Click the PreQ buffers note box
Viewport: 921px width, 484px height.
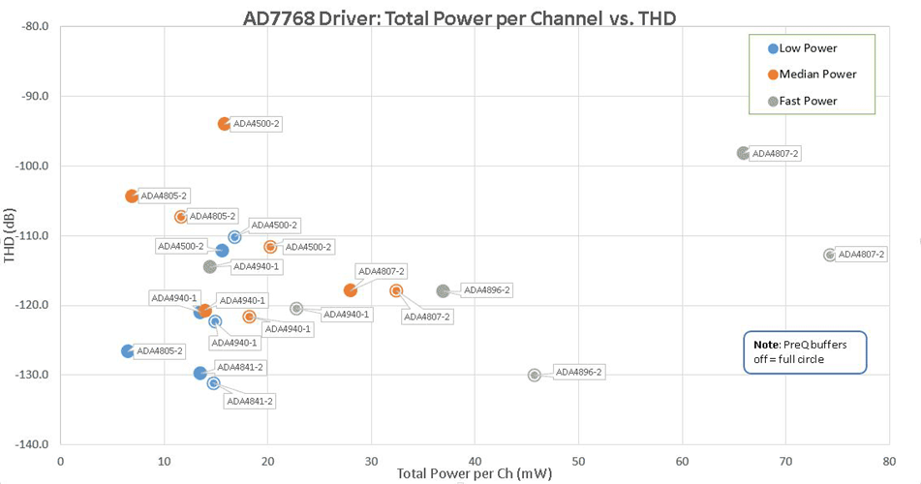click(x=803, y=351)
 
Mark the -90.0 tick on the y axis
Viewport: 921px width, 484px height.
click(x=35, y=96)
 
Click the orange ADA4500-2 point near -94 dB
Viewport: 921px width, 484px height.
click(x=225, y=124)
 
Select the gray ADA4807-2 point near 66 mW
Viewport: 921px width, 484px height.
click(x=743, y=153)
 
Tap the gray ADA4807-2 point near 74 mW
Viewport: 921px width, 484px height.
click(x=830, y=255)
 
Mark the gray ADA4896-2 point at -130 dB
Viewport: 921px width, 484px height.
click(x=535, y=375)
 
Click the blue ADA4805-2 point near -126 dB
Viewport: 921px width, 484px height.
click(x=128, y=350)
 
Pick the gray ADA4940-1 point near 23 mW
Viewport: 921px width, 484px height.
click(x=296, y=309)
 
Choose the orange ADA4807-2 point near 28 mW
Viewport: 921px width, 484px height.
click(x=351, y=290)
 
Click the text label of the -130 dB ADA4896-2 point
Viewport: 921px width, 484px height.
click(x=579, y=373)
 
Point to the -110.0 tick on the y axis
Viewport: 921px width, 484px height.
click(x=33, y=235)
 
